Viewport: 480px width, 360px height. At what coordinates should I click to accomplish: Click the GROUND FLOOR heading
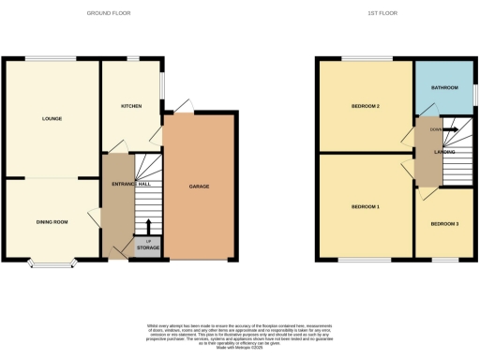click(109, 14)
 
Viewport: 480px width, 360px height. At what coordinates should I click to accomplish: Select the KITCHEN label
click(132, 107)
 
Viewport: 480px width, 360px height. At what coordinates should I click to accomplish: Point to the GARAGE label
click(198, 187)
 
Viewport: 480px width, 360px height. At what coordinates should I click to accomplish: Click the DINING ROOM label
click(52, 222)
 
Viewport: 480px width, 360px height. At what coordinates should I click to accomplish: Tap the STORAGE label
click(148, 247)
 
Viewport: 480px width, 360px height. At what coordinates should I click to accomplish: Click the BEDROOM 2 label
click(365, 107)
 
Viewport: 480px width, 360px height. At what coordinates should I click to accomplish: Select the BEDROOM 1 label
click(365, 206)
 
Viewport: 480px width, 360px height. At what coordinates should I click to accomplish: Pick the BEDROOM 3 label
click(445, 225)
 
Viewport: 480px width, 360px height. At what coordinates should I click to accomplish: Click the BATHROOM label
click(445, 88)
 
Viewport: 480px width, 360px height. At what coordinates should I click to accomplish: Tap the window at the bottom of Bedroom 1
click(353, 258)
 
